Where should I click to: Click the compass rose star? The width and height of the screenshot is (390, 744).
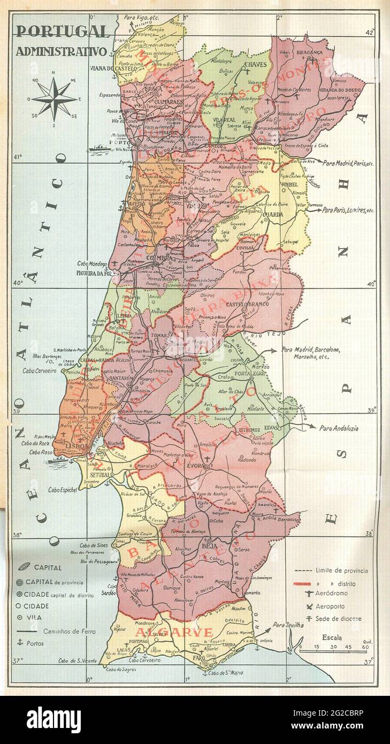click(54, 99)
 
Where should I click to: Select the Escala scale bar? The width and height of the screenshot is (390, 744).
click(332, 649)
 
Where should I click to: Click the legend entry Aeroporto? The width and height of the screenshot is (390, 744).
click(330, 606)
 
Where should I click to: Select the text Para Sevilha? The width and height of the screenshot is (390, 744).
click(287, 625)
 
